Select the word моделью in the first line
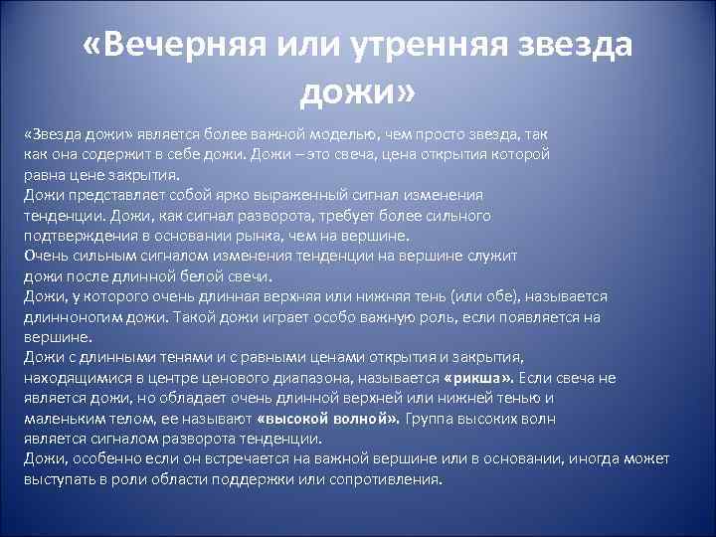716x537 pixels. click(x=366, y=133)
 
